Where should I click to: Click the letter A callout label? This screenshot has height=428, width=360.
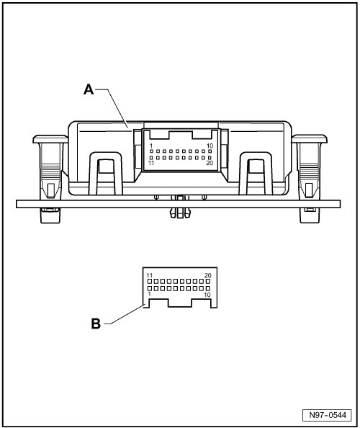coord(89,89)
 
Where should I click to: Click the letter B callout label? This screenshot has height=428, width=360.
coord(96,324)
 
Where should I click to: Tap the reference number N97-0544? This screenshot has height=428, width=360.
coord(328,416)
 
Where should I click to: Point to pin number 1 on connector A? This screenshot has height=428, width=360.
coord(151,146)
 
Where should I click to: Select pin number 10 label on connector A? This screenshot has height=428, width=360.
coord(210,146)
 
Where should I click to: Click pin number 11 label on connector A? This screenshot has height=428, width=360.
coord(151,163)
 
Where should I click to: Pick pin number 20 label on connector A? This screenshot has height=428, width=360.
coord(210,163)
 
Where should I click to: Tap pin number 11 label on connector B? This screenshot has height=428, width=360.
coord(150,275)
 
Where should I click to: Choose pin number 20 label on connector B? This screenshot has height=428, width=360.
coord(208,275)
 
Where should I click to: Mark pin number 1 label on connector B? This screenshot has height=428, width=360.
coord(149,294)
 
